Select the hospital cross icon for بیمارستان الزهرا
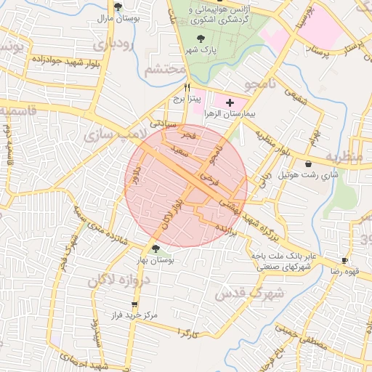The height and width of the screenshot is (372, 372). (230, 103)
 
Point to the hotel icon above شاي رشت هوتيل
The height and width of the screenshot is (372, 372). (310, 163)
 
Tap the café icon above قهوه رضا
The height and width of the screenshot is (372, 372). (344, 259)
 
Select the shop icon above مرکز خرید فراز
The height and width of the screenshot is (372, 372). (134, 305)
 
